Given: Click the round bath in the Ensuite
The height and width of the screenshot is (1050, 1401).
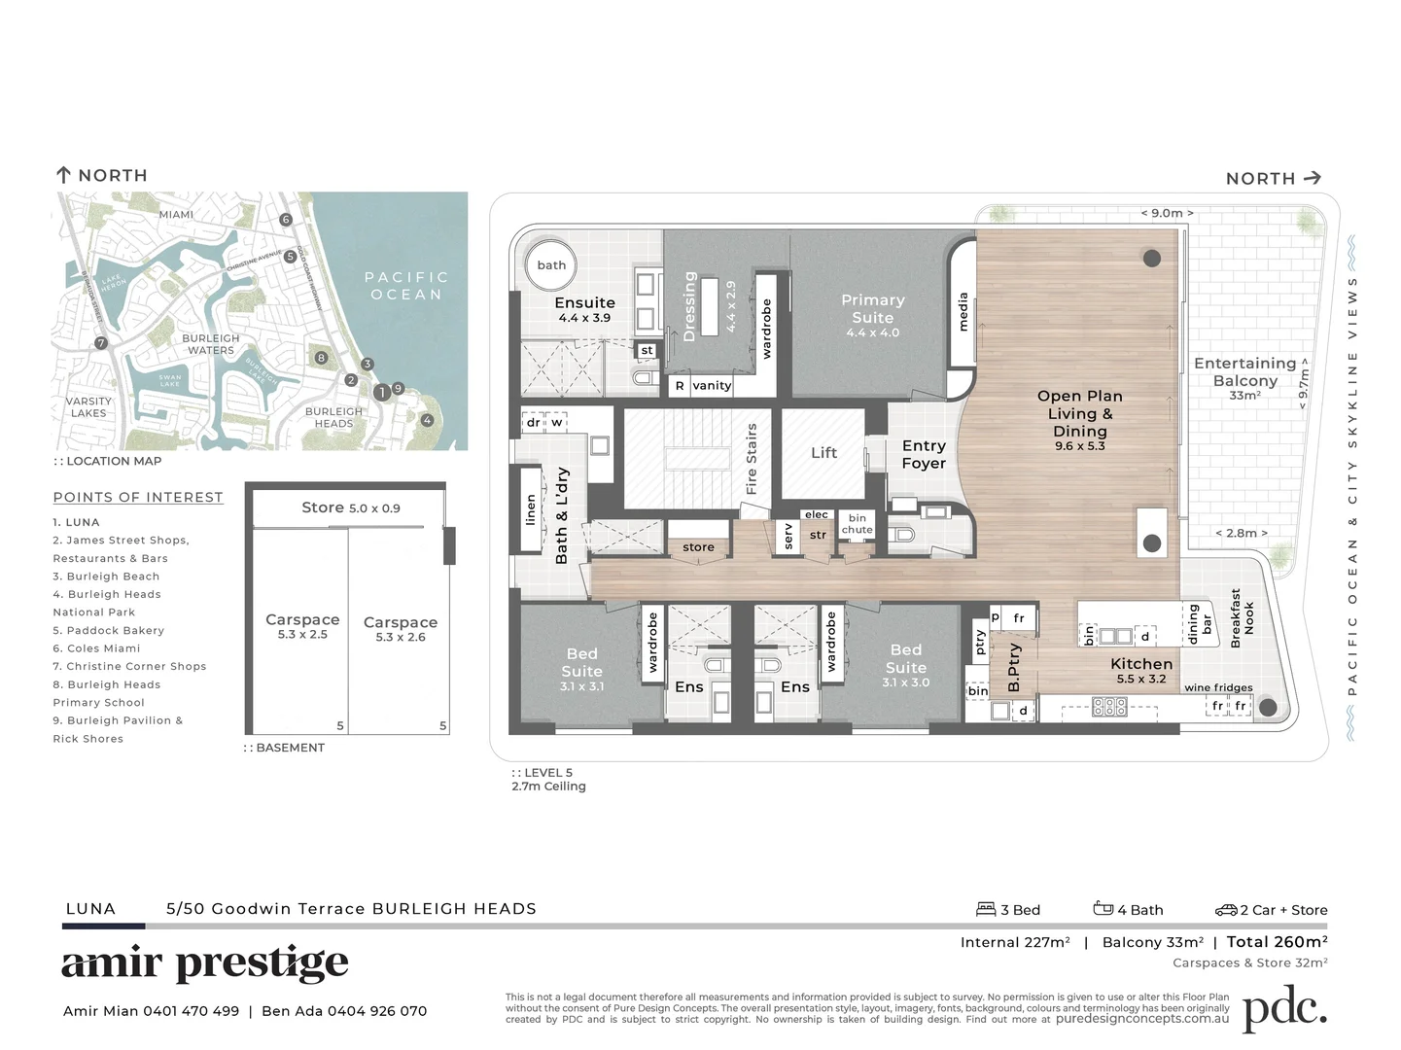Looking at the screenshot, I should [551, 265].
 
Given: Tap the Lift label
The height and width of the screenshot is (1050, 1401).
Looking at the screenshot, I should [823, 453].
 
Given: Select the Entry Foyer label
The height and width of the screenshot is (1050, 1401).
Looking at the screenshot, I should [923, 454].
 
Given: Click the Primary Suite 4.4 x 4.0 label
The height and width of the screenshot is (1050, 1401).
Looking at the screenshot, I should [872, 315].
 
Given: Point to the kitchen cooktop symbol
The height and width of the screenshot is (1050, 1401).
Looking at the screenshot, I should [1109, 707].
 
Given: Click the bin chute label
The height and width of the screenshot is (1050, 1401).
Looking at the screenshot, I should [857, 524].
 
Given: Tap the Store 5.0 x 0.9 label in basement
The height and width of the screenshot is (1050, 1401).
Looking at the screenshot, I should [350, 507].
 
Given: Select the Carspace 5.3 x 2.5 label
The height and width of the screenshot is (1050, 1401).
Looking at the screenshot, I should [302, 626].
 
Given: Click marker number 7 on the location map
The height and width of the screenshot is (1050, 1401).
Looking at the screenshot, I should [101, 343].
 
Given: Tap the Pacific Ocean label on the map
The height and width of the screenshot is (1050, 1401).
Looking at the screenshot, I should [406, 286].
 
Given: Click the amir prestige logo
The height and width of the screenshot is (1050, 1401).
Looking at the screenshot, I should [205, 963].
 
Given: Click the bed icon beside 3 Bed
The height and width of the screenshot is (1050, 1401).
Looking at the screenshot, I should [986, 909].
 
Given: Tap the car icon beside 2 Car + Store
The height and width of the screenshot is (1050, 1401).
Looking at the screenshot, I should [1225, 910].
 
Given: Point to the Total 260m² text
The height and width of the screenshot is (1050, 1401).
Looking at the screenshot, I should [1277, 941].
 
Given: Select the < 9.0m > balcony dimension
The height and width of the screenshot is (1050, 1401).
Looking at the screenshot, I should [1167, 213].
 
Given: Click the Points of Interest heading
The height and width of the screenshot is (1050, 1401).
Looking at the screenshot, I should [138, 497].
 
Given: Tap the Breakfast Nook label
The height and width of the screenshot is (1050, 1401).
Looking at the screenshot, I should [1242, 618].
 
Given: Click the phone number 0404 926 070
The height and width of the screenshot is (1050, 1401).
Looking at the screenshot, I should [377, 1011].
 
